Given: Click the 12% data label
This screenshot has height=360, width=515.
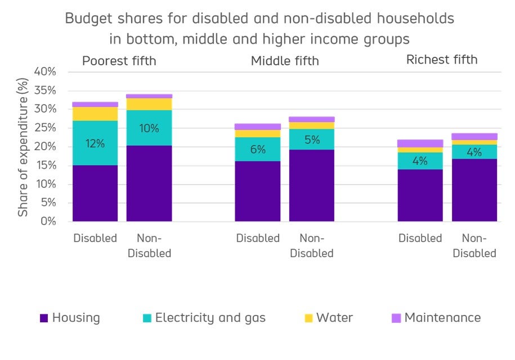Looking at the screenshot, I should pos(95,143).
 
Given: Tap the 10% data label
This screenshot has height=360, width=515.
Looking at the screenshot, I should pos(149,128).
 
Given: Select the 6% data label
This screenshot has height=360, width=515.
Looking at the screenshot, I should pos(258,150).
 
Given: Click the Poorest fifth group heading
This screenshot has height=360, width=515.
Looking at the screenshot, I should pos(119,61).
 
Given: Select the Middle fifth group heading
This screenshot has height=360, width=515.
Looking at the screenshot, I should pos(285,61).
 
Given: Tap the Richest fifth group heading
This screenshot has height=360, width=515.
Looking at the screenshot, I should pos(442,60).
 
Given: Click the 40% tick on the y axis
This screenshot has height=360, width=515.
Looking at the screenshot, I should pos(45,72).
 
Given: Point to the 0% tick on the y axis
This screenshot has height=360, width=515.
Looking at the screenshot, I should pos(48,222).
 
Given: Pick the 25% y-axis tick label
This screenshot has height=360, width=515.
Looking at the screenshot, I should pos(45,128).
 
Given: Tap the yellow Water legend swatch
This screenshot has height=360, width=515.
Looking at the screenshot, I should pos(308,318).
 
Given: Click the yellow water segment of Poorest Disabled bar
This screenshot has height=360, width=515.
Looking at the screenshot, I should pos(95,114).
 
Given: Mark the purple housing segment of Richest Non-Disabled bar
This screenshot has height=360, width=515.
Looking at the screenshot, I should pos(474,190).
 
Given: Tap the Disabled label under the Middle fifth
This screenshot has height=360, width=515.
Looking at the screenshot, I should pos(258,238).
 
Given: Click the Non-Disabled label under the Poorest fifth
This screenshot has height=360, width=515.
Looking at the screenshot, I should pos(149,246).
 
